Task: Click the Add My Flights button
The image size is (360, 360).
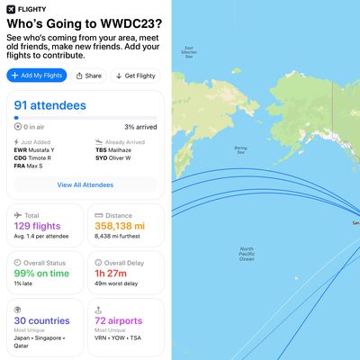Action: point(37,76)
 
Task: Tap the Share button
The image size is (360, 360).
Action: point(89,76)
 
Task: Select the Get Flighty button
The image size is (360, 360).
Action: point(136,76)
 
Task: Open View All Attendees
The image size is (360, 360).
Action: point(86,184)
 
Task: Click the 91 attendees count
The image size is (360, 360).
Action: point(50,105)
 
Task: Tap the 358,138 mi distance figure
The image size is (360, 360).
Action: point(121,226)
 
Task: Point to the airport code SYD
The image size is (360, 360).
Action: point(101,157)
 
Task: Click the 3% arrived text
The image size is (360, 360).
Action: point(140,127)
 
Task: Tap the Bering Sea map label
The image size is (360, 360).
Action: point(240,149)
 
